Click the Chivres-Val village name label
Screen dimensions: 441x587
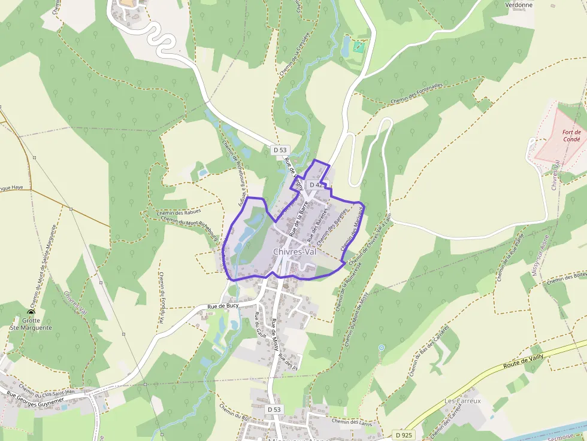(294, 252)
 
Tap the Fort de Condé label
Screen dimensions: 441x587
(571, 135)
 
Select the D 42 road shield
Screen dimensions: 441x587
(317, 185)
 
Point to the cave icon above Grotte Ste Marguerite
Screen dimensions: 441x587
(31, 312)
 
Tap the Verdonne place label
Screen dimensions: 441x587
(519, 5)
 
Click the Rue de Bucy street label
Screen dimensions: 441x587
(223, 306)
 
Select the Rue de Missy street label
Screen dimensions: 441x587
(276, 334)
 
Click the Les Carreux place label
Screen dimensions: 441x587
(462, 401)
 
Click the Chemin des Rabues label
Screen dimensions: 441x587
(178, 211)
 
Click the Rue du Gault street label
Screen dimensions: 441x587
(259, 326)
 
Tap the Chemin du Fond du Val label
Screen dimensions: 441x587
(161, 297)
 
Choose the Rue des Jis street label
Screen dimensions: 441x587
(288, 361)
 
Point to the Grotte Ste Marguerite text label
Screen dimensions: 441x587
(31, 324)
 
